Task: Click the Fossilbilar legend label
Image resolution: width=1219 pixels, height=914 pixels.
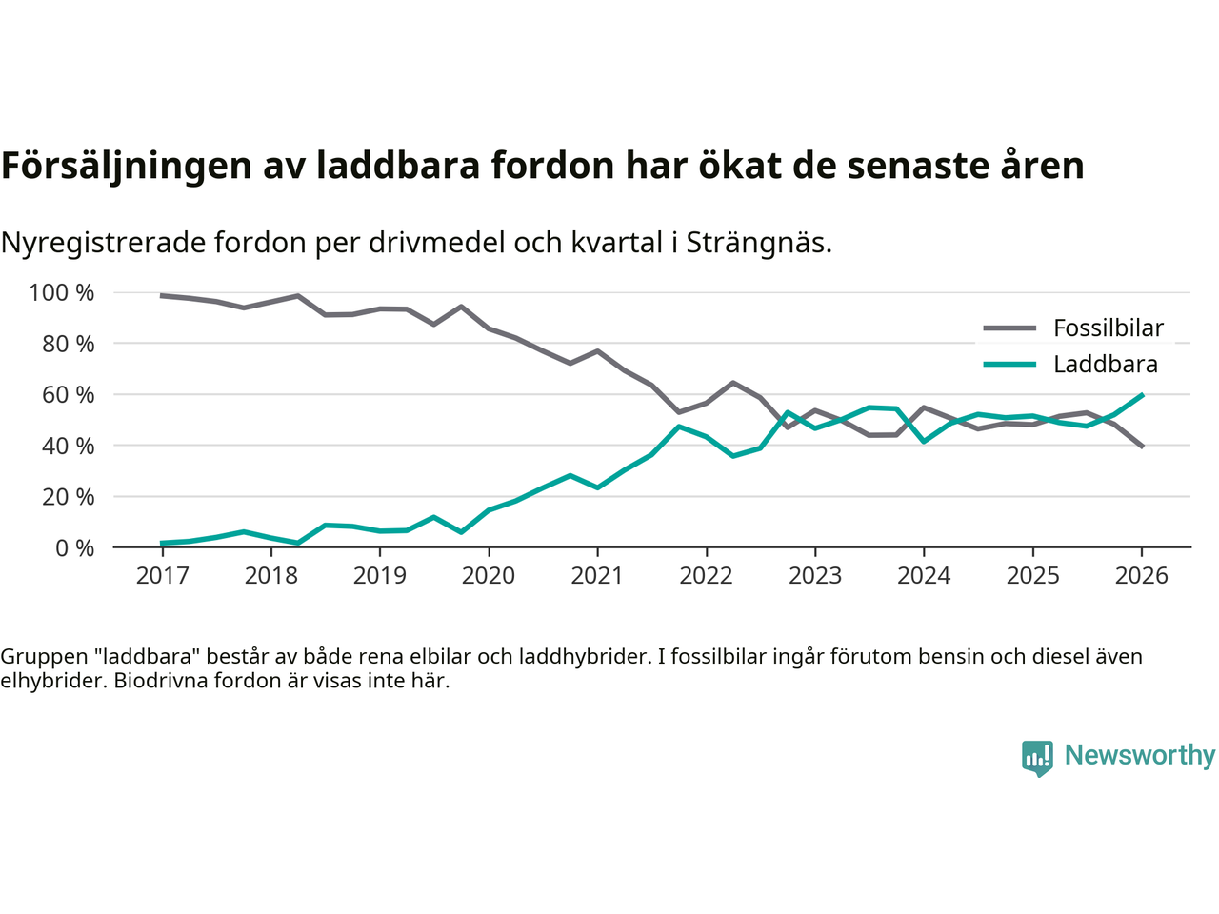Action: pos(1108,328)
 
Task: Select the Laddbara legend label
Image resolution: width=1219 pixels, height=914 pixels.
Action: pos(1105,365)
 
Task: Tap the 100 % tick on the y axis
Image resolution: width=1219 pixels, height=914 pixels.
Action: pos(62,293)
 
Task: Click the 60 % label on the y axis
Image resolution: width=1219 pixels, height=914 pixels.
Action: pos(68,395)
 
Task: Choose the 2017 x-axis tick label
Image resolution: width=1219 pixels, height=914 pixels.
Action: pos(162,576)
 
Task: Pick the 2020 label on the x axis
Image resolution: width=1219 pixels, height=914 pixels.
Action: pos(489,576)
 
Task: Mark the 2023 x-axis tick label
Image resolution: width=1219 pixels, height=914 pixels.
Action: pos(815,576)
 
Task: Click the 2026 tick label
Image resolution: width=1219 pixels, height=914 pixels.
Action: pos(1141,576)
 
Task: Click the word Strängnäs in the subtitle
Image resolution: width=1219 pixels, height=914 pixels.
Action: pos(758,243)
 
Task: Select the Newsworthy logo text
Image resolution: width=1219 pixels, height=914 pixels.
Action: pos(1139,755)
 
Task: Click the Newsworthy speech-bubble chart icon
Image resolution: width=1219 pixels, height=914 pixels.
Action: pos(1037,758)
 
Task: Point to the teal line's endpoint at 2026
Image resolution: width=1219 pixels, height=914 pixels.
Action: pos(1142,394)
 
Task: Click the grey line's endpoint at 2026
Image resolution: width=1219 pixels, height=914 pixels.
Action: pos(1142,447)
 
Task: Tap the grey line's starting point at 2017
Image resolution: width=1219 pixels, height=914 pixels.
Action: pos(162,296)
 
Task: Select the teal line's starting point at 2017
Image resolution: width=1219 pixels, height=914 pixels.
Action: pos(162,543)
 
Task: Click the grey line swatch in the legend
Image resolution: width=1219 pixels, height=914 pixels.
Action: pos(1009,328)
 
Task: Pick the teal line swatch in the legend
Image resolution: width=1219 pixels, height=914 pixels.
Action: pos(1009,365)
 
